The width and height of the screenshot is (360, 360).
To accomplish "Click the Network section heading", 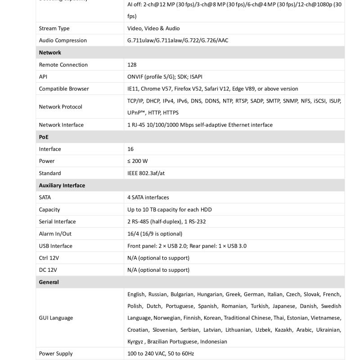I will [x=50, y=53].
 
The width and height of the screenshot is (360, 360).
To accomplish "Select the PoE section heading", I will [x=44, y=137].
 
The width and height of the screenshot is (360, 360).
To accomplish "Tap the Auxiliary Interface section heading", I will [x=62, y=185].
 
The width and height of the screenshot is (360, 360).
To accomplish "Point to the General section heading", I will [x=49, y=282].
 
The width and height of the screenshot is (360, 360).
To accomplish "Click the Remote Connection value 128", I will [x=132, y=65].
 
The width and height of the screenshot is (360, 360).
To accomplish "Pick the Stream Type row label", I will [x=54, y=28].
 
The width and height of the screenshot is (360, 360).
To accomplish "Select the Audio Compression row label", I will [x=63, y=40].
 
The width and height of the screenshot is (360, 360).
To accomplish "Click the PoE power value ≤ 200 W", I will [x=137, y=161].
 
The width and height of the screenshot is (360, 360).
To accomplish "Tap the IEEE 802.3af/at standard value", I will [x=146, y=173].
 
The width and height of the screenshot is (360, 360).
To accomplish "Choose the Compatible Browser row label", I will [x=64, y=89].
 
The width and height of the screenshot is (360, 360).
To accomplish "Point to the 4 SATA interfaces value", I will [x=148, y=198].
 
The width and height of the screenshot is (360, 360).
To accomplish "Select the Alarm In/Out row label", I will [x=55, y=234].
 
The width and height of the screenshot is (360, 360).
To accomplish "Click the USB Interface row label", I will [x=55, y=246].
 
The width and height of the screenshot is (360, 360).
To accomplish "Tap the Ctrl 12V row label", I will [x=49, y=258].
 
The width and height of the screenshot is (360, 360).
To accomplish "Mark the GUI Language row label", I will [x=56, y=318].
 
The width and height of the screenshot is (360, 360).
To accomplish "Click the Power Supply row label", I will [x=55, y=354].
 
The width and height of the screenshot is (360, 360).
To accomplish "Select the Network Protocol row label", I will [x=60, y=107].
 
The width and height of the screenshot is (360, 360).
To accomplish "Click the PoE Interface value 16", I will [x=130, y=149].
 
